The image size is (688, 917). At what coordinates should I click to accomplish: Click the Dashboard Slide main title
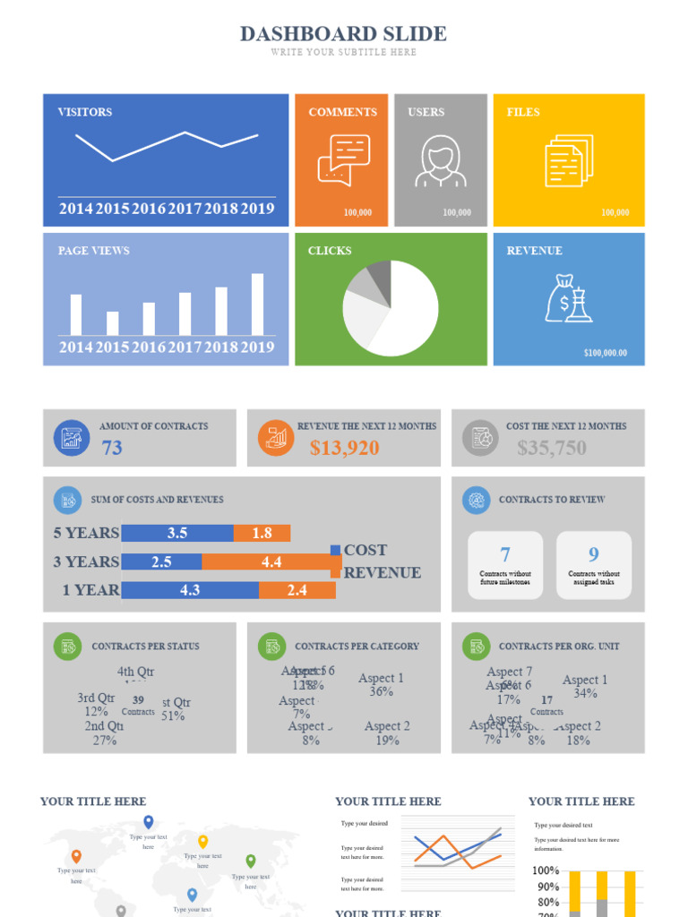click(343, 34)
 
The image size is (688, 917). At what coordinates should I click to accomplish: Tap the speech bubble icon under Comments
click(343, 159)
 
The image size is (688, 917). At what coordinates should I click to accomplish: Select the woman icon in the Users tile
click(440, 161)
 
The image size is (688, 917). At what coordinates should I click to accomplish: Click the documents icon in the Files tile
click(568, 160)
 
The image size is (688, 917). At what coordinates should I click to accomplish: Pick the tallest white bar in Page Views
click(258, 304)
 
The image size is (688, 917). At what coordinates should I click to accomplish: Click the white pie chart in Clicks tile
click(391, 308)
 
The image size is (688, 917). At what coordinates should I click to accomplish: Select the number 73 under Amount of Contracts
click(112, 448)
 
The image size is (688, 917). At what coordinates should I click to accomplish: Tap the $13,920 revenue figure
click(345, 448)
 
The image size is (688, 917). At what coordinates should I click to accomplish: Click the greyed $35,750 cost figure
click(551, 448)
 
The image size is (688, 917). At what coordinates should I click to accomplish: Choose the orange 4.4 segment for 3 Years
click(271, 561)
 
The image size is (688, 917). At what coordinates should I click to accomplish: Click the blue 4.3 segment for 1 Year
click(190, 590)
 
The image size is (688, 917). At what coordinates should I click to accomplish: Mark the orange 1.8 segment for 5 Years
click(262, 533)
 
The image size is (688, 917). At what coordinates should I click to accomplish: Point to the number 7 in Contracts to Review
click(505, 554)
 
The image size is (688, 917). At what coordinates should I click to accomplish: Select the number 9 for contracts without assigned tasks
click(593, 554)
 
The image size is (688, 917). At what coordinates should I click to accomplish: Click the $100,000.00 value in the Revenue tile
click(605, 353)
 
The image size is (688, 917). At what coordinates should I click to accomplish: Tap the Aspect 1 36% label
click(381, 685)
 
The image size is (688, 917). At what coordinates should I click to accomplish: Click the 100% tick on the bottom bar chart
click(546, 870)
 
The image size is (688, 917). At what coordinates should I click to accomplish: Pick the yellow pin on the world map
click(203, 841)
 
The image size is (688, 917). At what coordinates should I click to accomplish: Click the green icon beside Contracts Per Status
click(67, 646)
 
